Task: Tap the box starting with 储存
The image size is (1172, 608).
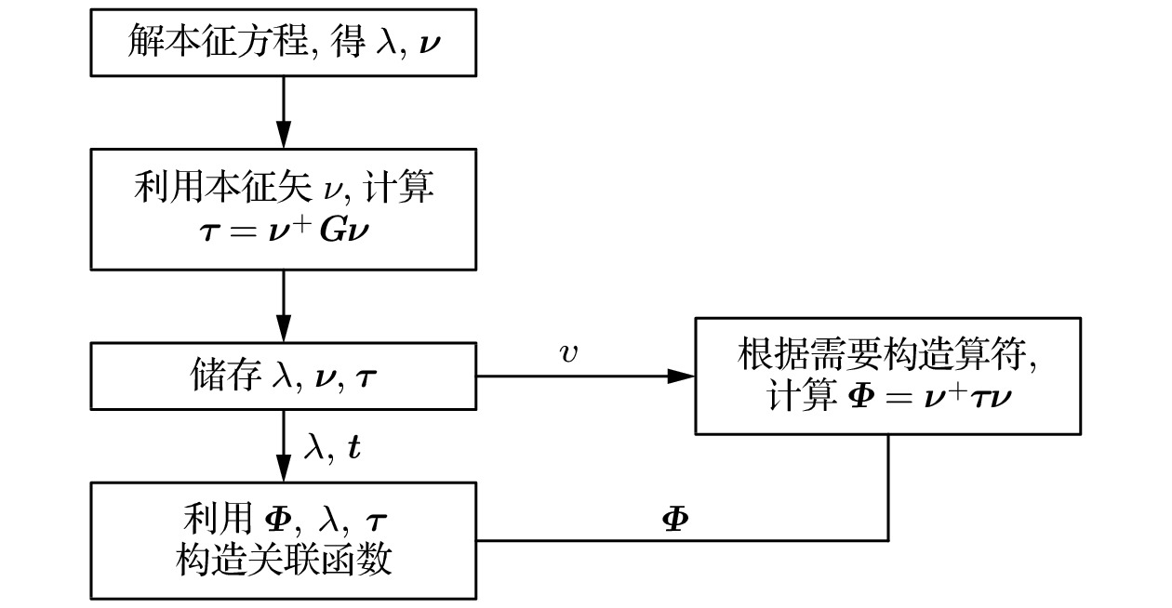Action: point(284,377)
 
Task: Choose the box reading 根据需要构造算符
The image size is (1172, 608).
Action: point(887,377)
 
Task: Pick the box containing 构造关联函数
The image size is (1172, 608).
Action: point(284,539)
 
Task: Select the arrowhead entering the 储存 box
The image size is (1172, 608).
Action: point(284,333)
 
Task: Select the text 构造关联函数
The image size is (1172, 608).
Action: point(284,561)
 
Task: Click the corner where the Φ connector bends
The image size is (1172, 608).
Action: point(887,539)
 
